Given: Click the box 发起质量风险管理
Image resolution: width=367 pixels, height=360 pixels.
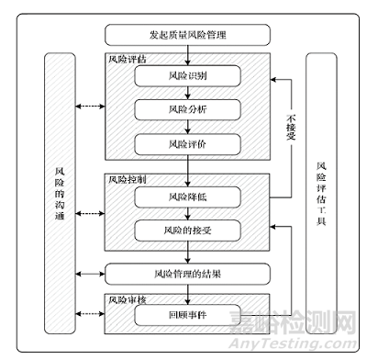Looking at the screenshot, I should tap(189, 35).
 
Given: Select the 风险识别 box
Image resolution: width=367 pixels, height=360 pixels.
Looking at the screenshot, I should tap(186, 76).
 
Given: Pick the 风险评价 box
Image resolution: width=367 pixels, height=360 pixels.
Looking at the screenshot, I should tap(186, 144).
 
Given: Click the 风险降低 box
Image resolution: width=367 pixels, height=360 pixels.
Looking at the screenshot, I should tap(186, 196).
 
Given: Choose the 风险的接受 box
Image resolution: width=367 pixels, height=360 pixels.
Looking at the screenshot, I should tap(186, 230).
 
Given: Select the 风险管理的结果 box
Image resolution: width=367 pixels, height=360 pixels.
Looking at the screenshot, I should tap(186, 273).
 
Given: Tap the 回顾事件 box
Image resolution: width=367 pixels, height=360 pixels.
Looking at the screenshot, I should tap(186, 315).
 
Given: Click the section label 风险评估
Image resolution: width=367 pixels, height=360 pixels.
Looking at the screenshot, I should tap(127, 59).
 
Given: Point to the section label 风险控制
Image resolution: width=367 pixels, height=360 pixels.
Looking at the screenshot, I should tap(127, 178).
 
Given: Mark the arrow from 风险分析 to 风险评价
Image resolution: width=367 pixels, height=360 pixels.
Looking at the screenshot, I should tap(186, 127).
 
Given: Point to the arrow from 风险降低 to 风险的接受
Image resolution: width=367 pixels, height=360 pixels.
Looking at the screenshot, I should tap(186, 212).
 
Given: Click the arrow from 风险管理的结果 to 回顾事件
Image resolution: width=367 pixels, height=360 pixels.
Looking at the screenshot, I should tap(186, 292).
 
